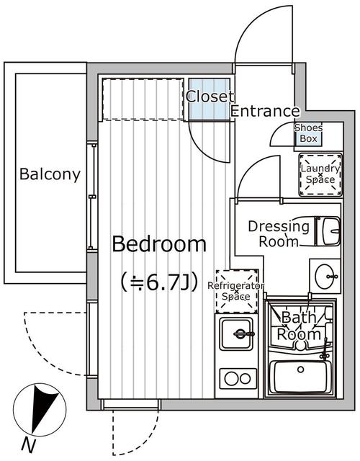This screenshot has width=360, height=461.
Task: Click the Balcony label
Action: (50, 174)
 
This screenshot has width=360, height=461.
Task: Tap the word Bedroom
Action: (158, 244)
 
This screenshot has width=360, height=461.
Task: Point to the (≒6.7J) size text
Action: (158, 280)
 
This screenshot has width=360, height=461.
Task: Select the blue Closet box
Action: (210, 99)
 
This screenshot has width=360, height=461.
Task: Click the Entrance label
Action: (265, 112)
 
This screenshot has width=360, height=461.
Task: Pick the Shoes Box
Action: (308, 133)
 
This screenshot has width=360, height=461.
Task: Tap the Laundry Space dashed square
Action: (319, 174)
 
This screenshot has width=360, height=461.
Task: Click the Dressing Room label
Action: (278, 233)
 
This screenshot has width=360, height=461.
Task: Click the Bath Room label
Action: (300, 326)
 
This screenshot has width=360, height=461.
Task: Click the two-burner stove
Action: (235, 377)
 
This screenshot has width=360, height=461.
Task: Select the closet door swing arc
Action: (205, 141)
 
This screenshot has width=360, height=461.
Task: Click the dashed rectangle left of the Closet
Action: (143, 99)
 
